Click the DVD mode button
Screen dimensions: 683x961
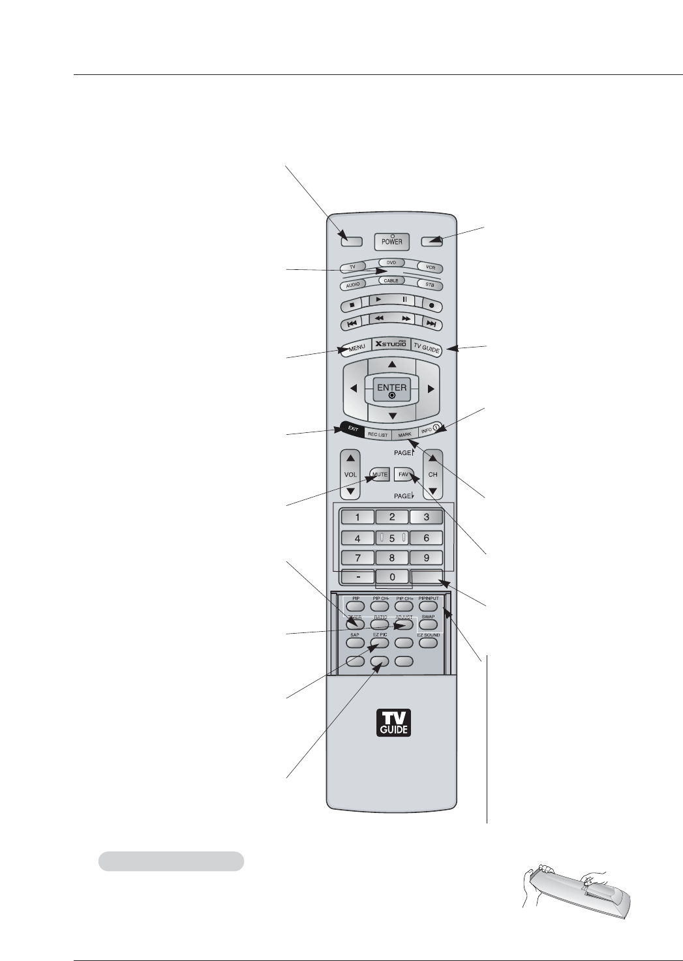click(391, 263)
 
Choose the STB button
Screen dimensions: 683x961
click(430, 285)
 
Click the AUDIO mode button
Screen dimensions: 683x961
click(353, 285)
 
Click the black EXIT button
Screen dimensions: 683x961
click(352, 430)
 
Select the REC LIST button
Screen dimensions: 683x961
click(378, 434)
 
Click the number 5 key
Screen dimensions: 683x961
click(392, 539)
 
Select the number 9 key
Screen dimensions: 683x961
click(426, 558)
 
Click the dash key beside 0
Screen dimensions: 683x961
click(357, 578)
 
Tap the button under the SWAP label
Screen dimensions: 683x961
click(428, 625)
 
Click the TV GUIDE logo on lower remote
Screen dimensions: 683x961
click(394, 722)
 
